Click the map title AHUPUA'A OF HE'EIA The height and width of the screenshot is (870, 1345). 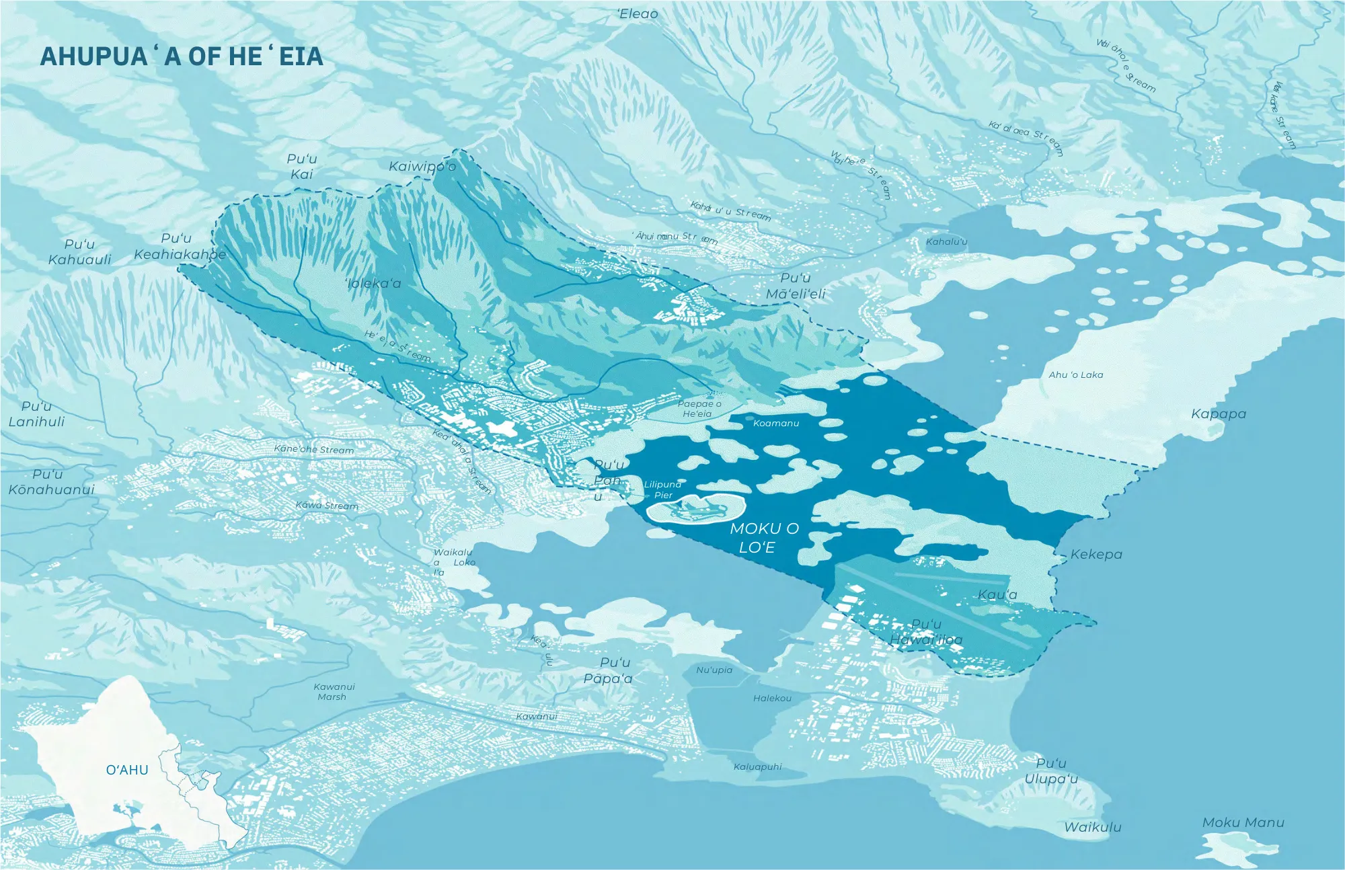tap(182, 56)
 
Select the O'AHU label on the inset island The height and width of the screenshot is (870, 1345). tap(127, 770)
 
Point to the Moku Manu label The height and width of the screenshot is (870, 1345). tap(1243, 822)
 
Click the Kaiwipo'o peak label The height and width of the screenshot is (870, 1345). tap(422, 166)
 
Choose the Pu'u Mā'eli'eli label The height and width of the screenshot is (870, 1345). tap(796, 286)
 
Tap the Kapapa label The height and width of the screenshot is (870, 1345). tap(1218, 413)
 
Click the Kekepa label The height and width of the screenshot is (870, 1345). tap(1096, 554)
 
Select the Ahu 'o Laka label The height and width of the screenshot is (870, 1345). tap(1075, 374)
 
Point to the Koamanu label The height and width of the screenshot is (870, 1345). tap(776, 423)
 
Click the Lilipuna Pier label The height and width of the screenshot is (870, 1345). tap(662, 489)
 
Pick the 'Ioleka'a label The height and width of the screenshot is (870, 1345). tap(373, 283)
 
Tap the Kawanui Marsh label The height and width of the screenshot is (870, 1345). tap(334, 692)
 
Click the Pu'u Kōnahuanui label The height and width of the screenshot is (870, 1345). tap(51, 481)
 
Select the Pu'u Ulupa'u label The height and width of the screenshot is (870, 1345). tap(1050, 770)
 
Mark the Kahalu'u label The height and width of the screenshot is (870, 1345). tap(946, 241)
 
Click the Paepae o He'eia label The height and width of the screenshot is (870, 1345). tap(699, 409)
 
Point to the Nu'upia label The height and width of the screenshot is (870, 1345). tap(714, 670)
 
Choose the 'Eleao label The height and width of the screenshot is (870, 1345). tap(638, 13)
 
